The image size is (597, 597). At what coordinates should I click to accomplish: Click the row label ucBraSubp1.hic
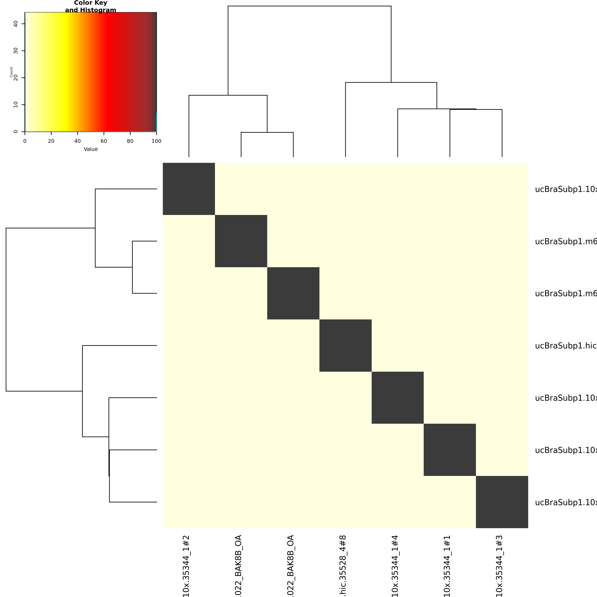[x=565, y=346]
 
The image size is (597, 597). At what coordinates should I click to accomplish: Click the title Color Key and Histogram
[x=91, y=6]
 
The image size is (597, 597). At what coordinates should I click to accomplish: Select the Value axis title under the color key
[x=91, y=149]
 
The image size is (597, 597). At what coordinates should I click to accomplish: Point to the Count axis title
[x=11, y=72]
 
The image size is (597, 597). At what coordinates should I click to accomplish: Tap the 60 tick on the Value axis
[x=104, y=141]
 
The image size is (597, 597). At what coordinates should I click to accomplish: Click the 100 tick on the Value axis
[x=156, y=141]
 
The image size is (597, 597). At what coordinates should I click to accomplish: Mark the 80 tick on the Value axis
[x=130, y=141]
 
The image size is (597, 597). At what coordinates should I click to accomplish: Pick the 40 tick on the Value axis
[x=78, y=141]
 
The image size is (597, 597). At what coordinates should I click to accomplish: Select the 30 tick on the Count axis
[x=16, y=51]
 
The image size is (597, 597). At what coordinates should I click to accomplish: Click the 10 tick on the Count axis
[x=16, y=105]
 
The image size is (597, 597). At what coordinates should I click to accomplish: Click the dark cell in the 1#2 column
[x=189, y=189]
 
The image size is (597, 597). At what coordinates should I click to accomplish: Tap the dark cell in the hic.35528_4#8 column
[x=346, y=346]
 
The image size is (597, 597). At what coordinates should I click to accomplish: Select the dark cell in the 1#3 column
[x=502, y=502]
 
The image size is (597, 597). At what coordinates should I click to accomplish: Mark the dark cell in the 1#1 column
[x=450, y=450]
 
